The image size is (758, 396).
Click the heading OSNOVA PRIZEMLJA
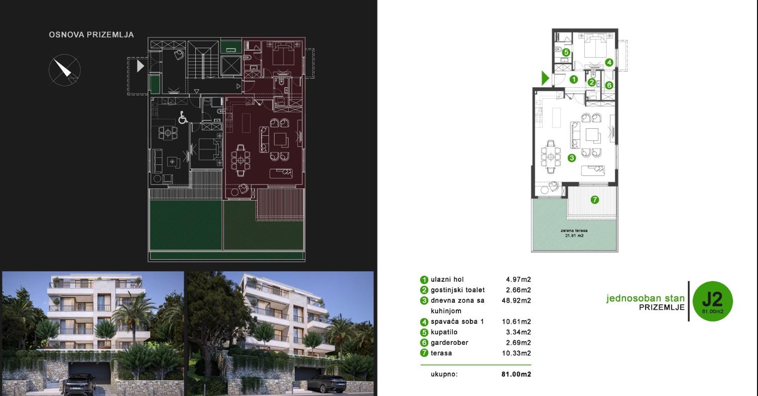point(91,35)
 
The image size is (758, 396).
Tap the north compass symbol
point(65,71)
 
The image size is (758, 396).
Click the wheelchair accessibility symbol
point(183,118)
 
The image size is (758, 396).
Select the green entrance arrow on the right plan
point(545,78)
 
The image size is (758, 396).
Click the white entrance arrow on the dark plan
point(141,66)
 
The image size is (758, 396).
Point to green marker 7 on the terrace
point(594,200)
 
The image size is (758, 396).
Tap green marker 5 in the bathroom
point(566,52)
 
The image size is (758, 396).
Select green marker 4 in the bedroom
point(609,63)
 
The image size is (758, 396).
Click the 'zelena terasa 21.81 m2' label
point(574,233)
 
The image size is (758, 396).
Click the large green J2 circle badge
point(712,301)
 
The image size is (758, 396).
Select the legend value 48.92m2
point(518,301)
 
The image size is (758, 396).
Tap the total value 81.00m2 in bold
point(516,374)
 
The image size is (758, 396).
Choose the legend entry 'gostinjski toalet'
point(457,290)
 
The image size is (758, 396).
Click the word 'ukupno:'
point(444,374)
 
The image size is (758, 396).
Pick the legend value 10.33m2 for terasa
point(518,353)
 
